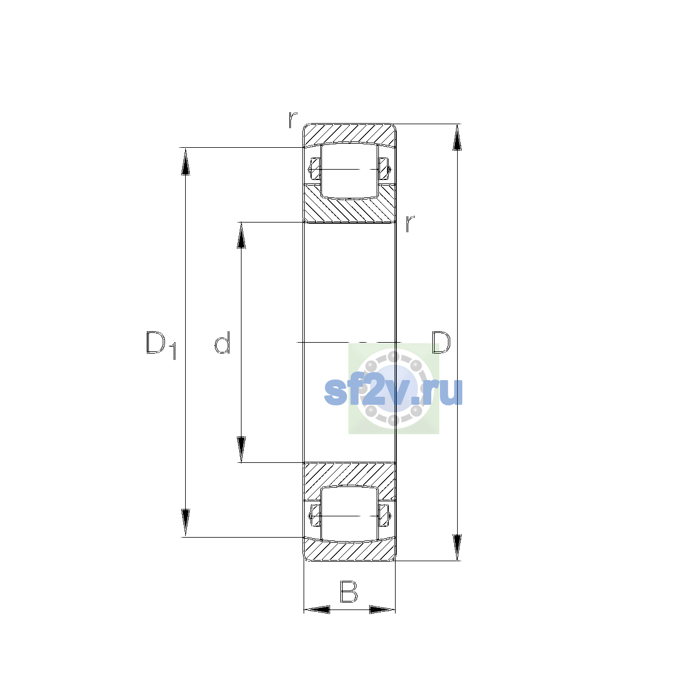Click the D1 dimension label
click(x=161, y=345)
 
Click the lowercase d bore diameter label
click(x=222, y=342)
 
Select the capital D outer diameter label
click(x=441, y=342)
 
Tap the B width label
click(x=348, y=592)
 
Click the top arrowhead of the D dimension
click(x=457, y=137)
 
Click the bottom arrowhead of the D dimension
click(x=457, y=547)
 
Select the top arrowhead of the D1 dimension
click(x=185, y=162)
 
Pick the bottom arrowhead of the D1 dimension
click(x=185, y=523)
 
